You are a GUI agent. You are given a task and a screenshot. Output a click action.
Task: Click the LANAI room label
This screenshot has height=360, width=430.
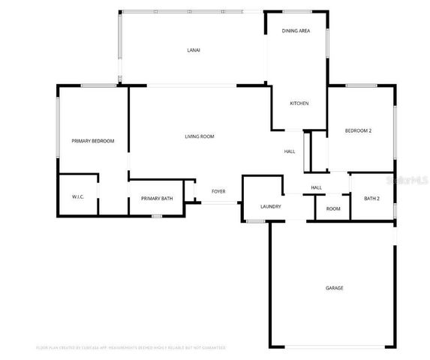(194, 50)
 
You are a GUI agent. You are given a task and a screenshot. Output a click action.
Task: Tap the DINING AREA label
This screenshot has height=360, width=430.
(296, 31)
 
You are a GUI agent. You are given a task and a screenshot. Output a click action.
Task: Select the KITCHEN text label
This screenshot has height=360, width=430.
(299, 103)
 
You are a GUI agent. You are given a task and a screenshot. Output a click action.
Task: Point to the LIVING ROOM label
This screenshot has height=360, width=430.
(200, 136)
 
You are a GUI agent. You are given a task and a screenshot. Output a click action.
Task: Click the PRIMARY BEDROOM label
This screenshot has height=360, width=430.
(92, 141)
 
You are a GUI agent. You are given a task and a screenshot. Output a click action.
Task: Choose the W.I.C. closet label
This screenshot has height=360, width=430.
(78, 198)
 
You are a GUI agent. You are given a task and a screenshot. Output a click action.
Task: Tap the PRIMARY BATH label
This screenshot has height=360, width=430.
(157, 199)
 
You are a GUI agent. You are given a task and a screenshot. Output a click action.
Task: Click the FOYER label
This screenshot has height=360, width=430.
(218, 192)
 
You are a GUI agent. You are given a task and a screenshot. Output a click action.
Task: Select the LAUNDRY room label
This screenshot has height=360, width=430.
(270, 206)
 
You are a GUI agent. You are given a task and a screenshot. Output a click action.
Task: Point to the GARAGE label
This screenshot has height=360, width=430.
(334, 288)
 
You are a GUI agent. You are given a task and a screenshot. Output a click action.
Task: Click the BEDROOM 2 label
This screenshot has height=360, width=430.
(358, 131)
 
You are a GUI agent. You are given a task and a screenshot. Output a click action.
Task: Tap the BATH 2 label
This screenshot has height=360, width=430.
(371, 199)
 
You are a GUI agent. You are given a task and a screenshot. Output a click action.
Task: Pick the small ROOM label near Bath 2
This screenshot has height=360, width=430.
(332, 208)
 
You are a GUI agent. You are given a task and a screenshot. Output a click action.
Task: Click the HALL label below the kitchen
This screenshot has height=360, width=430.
(289, 151)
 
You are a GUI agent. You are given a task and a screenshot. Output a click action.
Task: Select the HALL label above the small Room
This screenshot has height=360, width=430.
(316, 187)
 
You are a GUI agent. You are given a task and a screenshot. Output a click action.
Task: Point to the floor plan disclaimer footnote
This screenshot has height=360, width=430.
(131, 348)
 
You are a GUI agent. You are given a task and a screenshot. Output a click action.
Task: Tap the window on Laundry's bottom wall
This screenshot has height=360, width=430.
(256, 221)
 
